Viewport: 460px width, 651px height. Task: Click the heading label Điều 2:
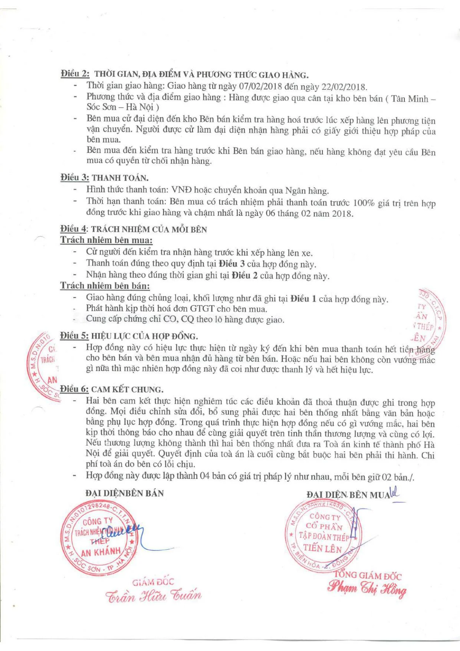75,74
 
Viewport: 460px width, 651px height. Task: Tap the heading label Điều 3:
75,178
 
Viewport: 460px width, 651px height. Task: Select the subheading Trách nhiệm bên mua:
106,240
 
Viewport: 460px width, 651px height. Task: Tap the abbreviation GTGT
202,309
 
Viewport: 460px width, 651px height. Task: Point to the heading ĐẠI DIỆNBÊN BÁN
124,493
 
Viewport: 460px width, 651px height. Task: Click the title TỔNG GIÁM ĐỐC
368,575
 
